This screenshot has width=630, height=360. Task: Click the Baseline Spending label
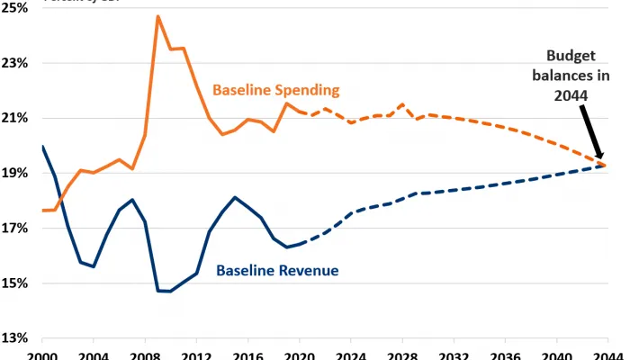point(275,90)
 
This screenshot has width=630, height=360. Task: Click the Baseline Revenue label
point(277,270)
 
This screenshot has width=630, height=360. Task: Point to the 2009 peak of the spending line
point(157,16)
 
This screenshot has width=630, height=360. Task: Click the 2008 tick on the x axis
point(145,355)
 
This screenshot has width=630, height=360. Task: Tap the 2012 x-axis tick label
point(196,355)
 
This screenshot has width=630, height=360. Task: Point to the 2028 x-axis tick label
point(401,355)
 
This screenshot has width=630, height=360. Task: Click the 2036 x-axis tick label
point(504,355)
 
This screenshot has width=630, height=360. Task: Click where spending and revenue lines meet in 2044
point(606,165)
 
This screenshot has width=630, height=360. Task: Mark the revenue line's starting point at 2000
point(42,147)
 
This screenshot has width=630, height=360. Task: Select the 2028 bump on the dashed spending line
point(401,104)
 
